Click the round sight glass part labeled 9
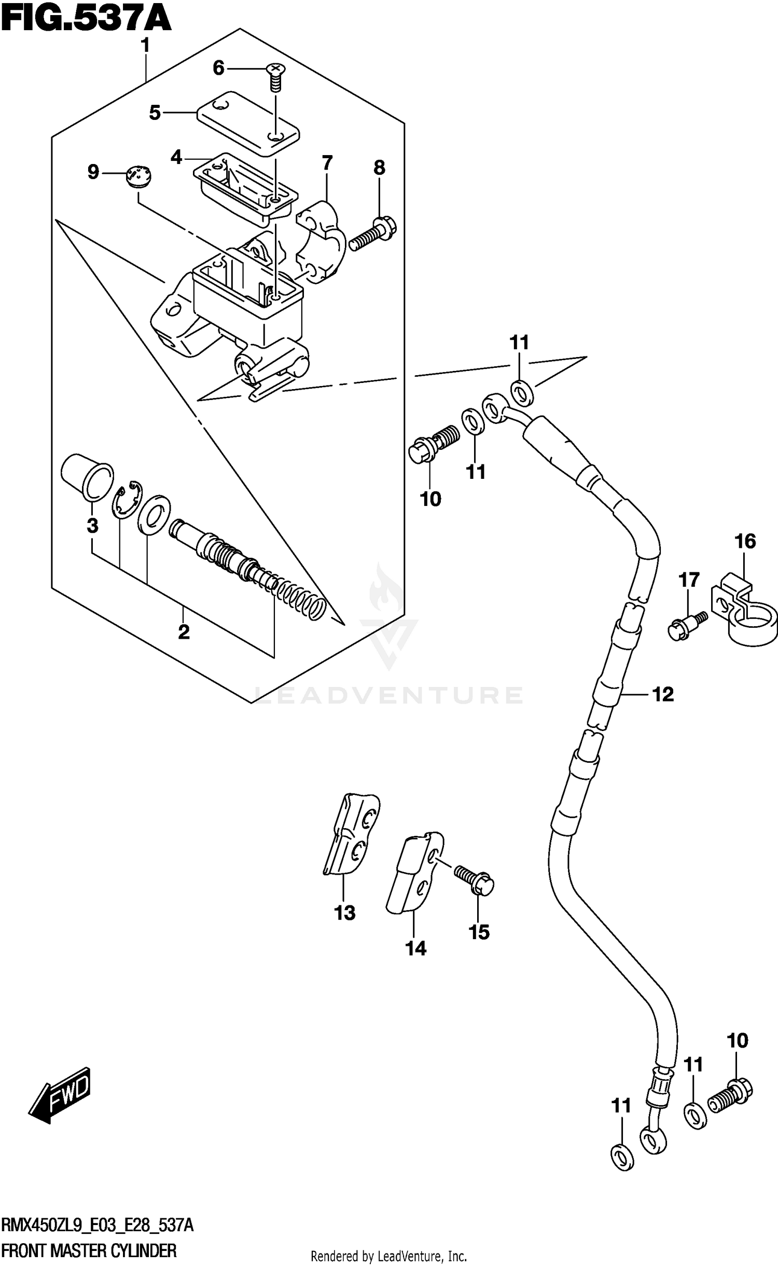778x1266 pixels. (139, 175)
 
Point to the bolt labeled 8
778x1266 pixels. (372, 235)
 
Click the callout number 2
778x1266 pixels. (184, 632)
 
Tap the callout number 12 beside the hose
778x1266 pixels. (662, 694)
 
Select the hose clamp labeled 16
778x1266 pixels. (745, 612)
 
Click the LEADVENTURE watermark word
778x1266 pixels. (389, 695)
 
